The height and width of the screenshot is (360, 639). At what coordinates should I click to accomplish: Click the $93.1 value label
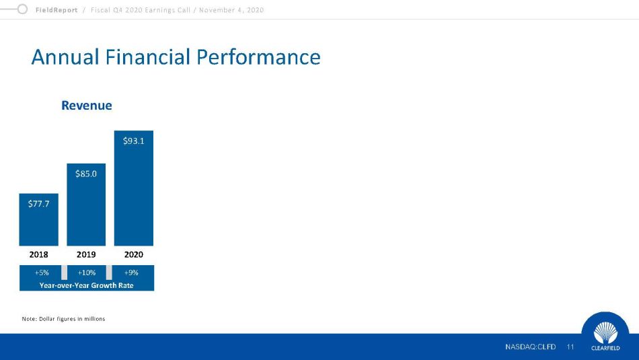click(134, 141)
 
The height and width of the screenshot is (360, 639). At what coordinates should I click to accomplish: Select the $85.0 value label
click(86, 174)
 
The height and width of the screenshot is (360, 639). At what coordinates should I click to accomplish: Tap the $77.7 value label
click(39, 204)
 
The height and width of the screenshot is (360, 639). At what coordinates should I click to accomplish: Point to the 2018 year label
click(39, 254)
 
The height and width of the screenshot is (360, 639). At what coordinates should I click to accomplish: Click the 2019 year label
click(86, 254)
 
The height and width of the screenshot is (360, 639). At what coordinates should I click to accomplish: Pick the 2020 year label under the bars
click(134, 254)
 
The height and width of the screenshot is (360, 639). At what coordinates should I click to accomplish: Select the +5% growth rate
click(42, 273)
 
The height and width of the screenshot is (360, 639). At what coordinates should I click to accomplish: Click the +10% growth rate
click(86, 273)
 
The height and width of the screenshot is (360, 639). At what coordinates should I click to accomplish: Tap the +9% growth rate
click(131, 273)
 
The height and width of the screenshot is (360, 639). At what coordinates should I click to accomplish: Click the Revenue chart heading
click(86, 105)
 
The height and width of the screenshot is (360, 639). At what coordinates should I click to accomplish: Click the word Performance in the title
click(258, 57)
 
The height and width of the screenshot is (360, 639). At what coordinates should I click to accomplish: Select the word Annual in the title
click(65, 57)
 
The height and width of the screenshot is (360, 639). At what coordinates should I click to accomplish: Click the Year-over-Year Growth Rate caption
click(86, 285)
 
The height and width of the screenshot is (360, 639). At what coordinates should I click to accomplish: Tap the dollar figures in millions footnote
click(64, 319)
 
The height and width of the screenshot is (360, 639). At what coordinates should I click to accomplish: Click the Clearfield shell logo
click(605, 332)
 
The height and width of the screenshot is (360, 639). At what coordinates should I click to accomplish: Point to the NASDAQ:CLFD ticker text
click(530, 347)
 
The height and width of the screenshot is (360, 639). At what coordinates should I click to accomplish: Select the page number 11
click(570, 347)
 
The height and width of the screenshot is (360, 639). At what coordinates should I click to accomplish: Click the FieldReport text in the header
click(57, 10)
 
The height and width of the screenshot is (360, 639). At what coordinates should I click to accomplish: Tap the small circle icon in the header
click(22, 9)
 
